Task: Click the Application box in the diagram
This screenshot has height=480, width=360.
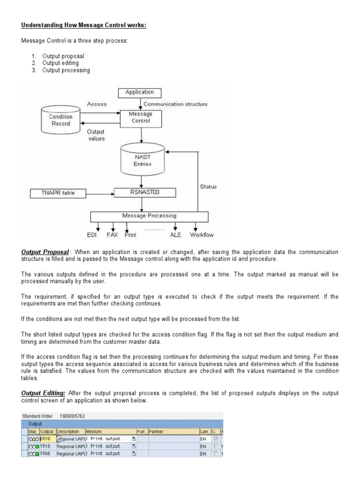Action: pyautogui.click(x=139, y=92)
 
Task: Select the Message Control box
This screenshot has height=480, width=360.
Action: pyautogui.click(x=141, y=117)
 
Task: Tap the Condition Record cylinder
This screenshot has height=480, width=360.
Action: pyautogui.click(x=60, y=120)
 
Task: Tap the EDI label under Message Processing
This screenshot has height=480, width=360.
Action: pyautogui.click(x=92, y=235)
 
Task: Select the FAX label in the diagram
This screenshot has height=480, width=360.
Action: pyautogui.click(x=112, y=235)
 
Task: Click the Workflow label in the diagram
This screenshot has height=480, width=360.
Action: pyautogui.click(x=202, y=235)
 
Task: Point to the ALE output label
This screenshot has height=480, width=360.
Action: pyautogui.click(x=175, y=235)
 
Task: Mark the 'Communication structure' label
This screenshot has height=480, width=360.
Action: pyautogui.click(x=175, y=104)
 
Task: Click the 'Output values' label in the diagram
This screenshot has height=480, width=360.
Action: pyautogui.click(x=96, y=135)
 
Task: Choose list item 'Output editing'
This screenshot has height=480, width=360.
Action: pyautogui.click(x=60, y=63)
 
